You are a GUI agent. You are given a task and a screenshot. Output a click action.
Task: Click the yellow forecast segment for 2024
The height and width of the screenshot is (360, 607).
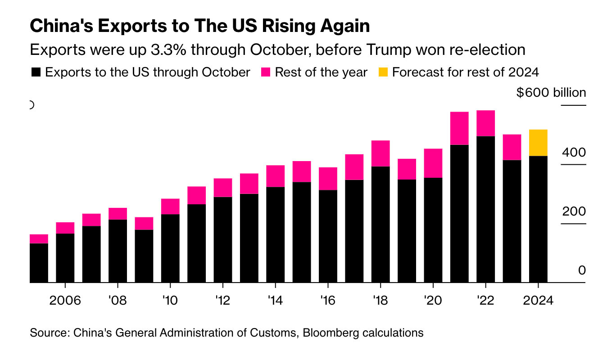pos(538,143)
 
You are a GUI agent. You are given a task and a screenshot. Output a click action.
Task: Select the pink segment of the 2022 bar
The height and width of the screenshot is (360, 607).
pos(485,123)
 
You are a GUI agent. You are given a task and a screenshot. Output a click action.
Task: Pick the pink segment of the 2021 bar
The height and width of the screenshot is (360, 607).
pos(459,128)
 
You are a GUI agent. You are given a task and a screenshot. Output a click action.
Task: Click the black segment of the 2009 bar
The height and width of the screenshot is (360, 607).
pos(144,256)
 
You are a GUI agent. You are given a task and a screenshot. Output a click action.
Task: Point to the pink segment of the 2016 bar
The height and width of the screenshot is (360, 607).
pos(328,179)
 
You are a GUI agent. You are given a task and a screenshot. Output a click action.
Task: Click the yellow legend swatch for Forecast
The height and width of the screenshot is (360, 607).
pos(383,72)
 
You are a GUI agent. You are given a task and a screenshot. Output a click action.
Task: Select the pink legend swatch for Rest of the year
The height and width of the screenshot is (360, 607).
pos(266,72)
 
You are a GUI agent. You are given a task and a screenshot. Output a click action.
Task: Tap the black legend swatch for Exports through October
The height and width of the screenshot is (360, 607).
pos(36,72)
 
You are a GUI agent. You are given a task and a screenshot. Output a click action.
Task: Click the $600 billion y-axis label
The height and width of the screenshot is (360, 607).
pos(551,93)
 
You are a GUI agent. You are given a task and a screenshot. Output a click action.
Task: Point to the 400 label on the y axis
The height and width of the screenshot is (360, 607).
pos(574,153)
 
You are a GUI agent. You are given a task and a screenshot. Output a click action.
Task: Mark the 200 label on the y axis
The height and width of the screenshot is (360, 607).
pos(574,211)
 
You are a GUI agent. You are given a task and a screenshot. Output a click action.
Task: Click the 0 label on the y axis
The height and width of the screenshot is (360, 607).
pos(582,270)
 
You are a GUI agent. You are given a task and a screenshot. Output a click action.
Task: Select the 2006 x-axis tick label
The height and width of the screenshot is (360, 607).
pos(65,300)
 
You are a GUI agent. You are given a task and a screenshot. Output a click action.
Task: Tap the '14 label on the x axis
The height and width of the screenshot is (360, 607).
pos(275,300)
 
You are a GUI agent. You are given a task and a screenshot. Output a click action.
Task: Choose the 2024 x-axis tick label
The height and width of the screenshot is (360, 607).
pos(538,300)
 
